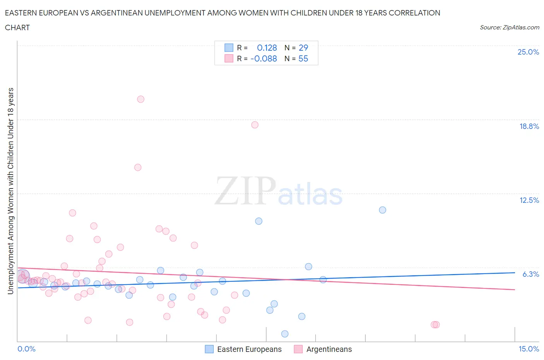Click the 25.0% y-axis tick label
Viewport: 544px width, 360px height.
528,52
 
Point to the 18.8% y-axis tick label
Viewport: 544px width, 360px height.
529,126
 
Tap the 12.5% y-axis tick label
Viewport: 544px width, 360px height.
529,200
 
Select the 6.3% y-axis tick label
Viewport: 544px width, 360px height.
530,274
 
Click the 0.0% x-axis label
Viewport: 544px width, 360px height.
27,349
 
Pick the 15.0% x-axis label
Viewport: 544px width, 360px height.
529,349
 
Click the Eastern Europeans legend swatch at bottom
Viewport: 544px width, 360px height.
209,349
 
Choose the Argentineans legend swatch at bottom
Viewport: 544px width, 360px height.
298,349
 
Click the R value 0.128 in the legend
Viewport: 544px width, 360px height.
267,48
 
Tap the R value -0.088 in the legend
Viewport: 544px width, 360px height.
264,58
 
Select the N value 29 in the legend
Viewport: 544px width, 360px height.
303,48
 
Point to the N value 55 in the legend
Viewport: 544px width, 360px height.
303,58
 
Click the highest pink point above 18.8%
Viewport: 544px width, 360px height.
140,99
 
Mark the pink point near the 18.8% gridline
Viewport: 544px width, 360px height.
255,125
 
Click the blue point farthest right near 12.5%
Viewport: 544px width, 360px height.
382,210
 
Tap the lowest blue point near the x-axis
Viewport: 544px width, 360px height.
285,334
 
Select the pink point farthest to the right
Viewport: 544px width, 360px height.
436,324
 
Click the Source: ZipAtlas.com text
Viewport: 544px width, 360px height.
509,27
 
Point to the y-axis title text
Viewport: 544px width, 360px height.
10,191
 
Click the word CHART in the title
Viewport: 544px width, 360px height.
17,27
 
